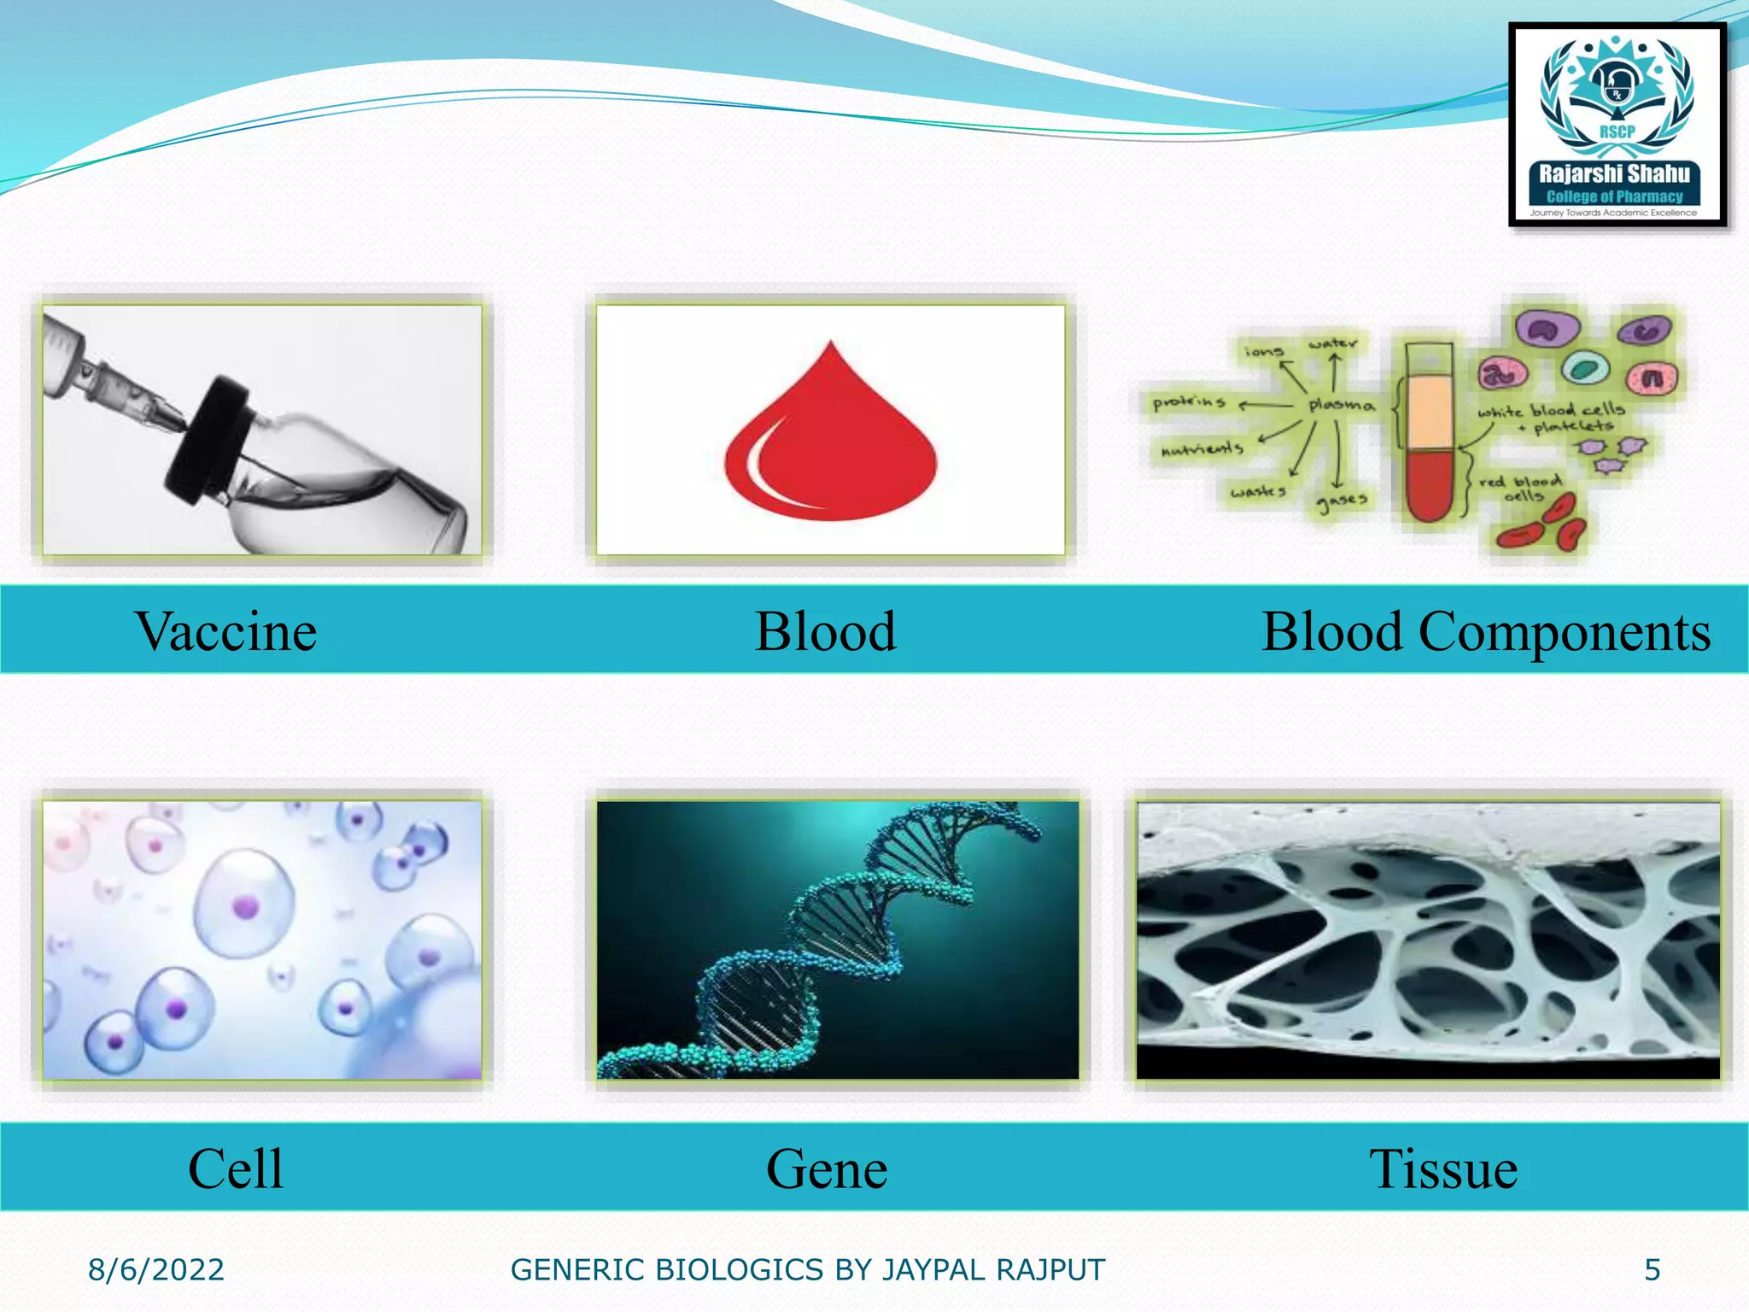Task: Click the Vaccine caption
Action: pos(225,632)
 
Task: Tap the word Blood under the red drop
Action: pos(825,632)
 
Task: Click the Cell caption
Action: pos(235,1168)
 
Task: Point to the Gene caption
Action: pos(826,1168)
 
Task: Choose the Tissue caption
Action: pos(1442,1168)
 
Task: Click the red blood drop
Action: pos(830,444)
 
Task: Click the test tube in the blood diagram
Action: pos(1429,431)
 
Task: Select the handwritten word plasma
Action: pos(1341,405)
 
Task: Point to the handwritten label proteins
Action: pos(1189,402)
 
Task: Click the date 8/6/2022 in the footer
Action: pos(156,1270)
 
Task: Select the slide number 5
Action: pos(1652,1270)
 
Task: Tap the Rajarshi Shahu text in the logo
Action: pos(1614,174)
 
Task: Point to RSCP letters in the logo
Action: pos(1617,132)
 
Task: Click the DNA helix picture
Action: pos(837,940)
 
